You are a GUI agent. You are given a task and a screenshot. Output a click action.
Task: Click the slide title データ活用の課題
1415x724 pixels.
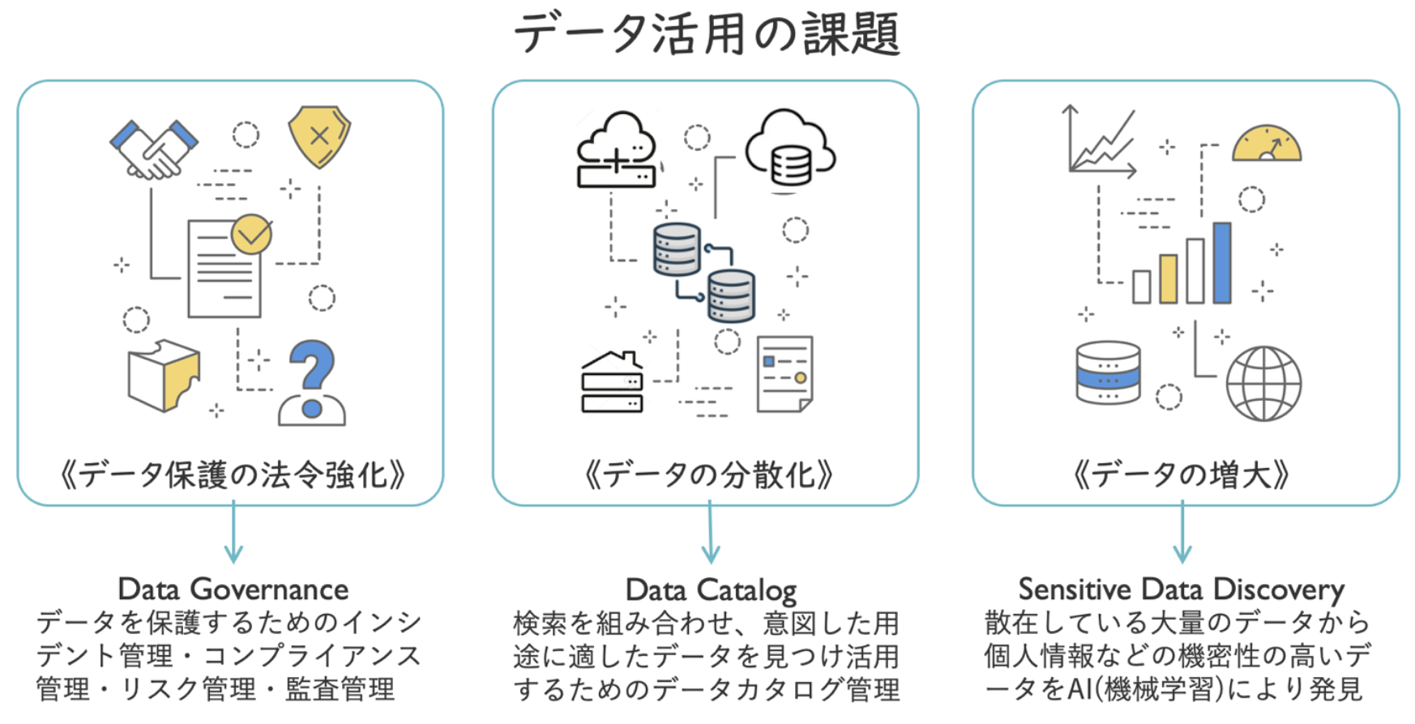click(x=707, y=33)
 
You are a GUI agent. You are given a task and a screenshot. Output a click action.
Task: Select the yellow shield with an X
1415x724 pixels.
click(x=319, y=136)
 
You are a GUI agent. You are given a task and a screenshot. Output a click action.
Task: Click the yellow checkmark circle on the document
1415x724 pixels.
click(x=251, y=234)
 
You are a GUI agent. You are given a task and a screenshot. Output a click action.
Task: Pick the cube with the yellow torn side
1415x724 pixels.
click(x=164, y=375)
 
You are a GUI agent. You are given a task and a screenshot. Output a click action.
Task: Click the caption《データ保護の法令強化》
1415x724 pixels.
click(x=233, y=475)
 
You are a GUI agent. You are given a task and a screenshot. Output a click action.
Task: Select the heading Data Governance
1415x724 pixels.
click(x=233, y=589)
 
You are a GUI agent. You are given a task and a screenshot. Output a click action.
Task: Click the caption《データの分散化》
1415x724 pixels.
click(x=708, y=475)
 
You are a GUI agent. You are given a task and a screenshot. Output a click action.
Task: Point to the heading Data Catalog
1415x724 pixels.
click(x=711, y=590)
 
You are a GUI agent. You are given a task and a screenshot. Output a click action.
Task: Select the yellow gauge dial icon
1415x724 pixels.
click(x=1267, y=143)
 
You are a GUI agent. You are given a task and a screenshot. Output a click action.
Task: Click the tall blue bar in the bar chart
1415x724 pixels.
click(x=1222, y=262)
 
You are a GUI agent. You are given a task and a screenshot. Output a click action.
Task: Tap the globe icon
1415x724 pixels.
click(x=1263, y=384)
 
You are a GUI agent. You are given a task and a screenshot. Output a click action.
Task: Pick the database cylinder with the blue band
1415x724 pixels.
click(x=1109, y=373)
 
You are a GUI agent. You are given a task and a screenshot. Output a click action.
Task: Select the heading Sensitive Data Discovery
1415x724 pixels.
click(x=1182, y=590)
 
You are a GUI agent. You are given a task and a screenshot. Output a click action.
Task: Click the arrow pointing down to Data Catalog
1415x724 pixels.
click(x=710, y=531)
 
